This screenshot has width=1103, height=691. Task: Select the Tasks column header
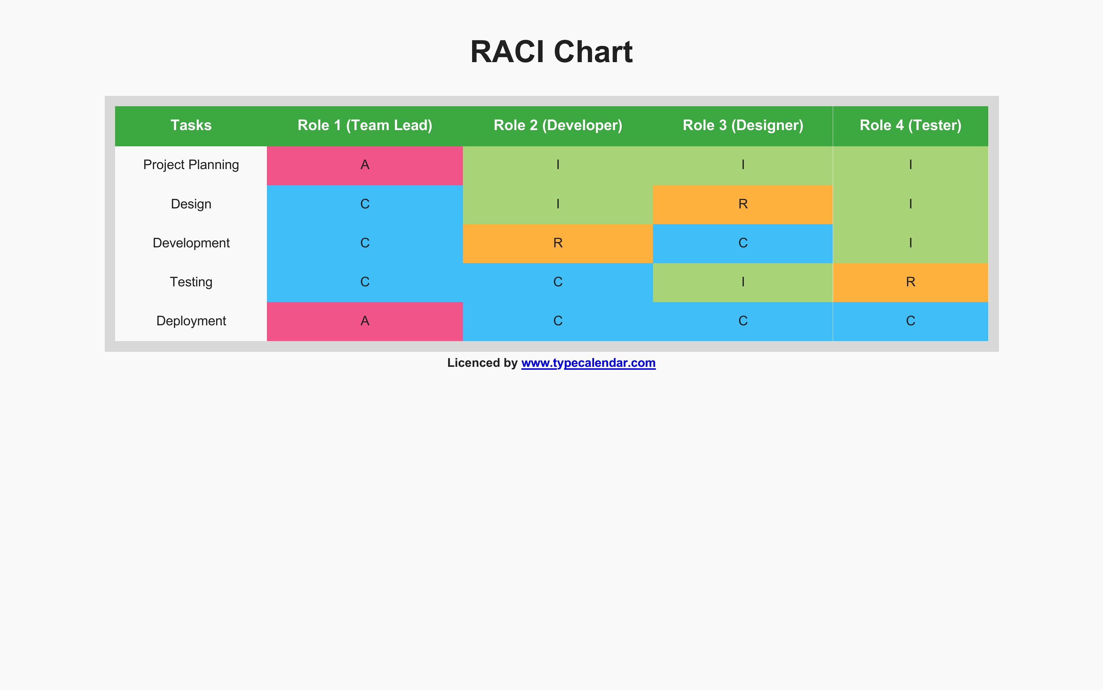(191, 125)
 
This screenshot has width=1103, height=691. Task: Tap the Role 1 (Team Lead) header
(365, 125)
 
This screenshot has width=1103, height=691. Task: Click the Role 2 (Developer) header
(558, 125)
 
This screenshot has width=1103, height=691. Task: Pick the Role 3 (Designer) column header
(743, 125)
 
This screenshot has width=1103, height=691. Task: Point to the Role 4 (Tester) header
(911, 125)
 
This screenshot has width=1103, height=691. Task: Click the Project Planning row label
(191, 165)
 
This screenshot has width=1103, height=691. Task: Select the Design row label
(191, 204)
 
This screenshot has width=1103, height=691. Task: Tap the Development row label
(191, 243)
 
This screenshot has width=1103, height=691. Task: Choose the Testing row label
(191, 282)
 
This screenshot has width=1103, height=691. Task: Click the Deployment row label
(191, 321)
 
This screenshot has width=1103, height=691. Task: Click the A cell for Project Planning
(365, 165)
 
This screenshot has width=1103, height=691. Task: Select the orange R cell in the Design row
(743, 204)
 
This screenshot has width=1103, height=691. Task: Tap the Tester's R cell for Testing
(911, 282)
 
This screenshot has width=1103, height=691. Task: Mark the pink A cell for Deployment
(365, 321)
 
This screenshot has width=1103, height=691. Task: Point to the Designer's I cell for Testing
(743, 282)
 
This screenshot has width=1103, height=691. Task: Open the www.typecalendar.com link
(588, 363)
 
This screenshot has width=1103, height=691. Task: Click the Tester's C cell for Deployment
(911, 321)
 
